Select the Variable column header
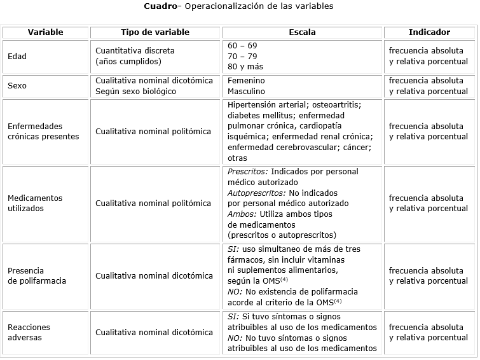[x=46, y=32]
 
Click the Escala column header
[x=302, y=32]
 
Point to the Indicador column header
[x=429, y=32]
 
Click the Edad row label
[x=17, y=56]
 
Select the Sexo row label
[x=17, y=86]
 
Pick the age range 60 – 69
[x=242, y=46]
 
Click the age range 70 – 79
[x=242, y=56]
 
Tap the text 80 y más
[x=245, y=66]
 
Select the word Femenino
[x=247, y=81]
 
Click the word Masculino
[x=247, y=91]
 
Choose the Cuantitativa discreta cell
[x=135, y=51]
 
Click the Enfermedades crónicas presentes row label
[x=43, y=131]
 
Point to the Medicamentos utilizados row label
[x=35, y=203]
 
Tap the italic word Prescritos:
[x=248, y=172]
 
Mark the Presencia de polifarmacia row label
[x=37, y=275]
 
